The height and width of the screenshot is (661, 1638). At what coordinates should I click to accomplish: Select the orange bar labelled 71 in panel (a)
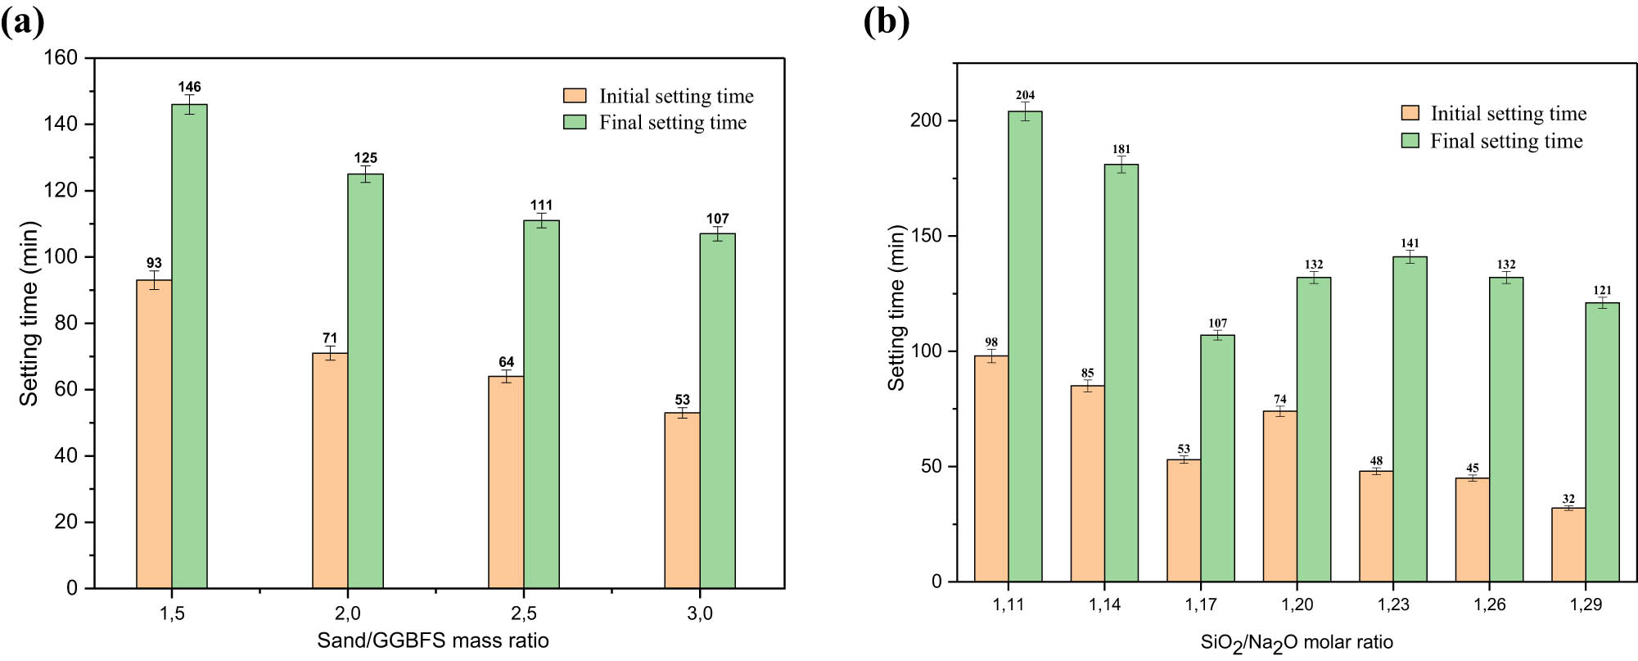pyautogui.click(x=330, y=470)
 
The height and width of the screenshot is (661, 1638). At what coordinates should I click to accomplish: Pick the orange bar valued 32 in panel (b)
pyautogui.click(x=1568, y=545)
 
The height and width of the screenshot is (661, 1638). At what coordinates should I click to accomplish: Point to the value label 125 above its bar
pyautogui.click(x=365, y=158)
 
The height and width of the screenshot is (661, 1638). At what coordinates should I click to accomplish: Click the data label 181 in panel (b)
pyautogui.click(x=1121, y=149)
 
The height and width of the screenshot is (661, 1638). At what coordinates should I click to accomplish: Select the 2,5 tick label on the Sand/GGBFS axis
pyautogui.click(x=524, y=613)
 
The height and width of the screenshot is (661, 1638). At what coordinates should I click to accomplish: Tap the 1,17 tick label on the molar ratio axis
pyautogui.click(x=1201, y=605)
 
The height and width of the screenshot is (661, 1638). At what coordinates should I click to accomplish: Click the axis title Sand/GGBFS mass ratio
pyautogui.click(x=433, y=641)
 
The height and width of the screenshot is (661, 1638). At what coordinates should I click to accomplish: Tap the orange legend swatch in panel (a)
pyautogui.click(x=575, y=96)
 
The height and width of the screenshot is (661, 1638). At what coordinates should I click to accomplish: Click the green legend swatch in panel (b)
pyautogui.click(x=1410, y=141)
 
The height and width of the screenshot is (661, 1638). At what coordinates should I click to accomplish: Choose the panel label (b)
pyautogui.click(x=887, y=21)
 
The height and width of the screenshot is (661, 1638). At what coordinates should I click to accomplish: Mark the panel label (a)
pyautogui.click(x=22, y=21)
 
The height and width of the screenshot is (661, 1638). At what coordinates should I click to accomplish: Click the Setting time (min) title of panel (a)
pyautogui.click(x=29, y=314)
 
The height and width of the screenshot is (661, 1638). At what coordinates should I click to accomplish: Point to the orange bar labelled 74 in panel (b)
pyautogui.click(x=1280, y=496)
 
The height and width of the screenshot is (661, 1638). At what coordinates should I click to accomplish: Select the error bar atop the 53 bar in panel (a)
pyautogui.click(x=683, y=412)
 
